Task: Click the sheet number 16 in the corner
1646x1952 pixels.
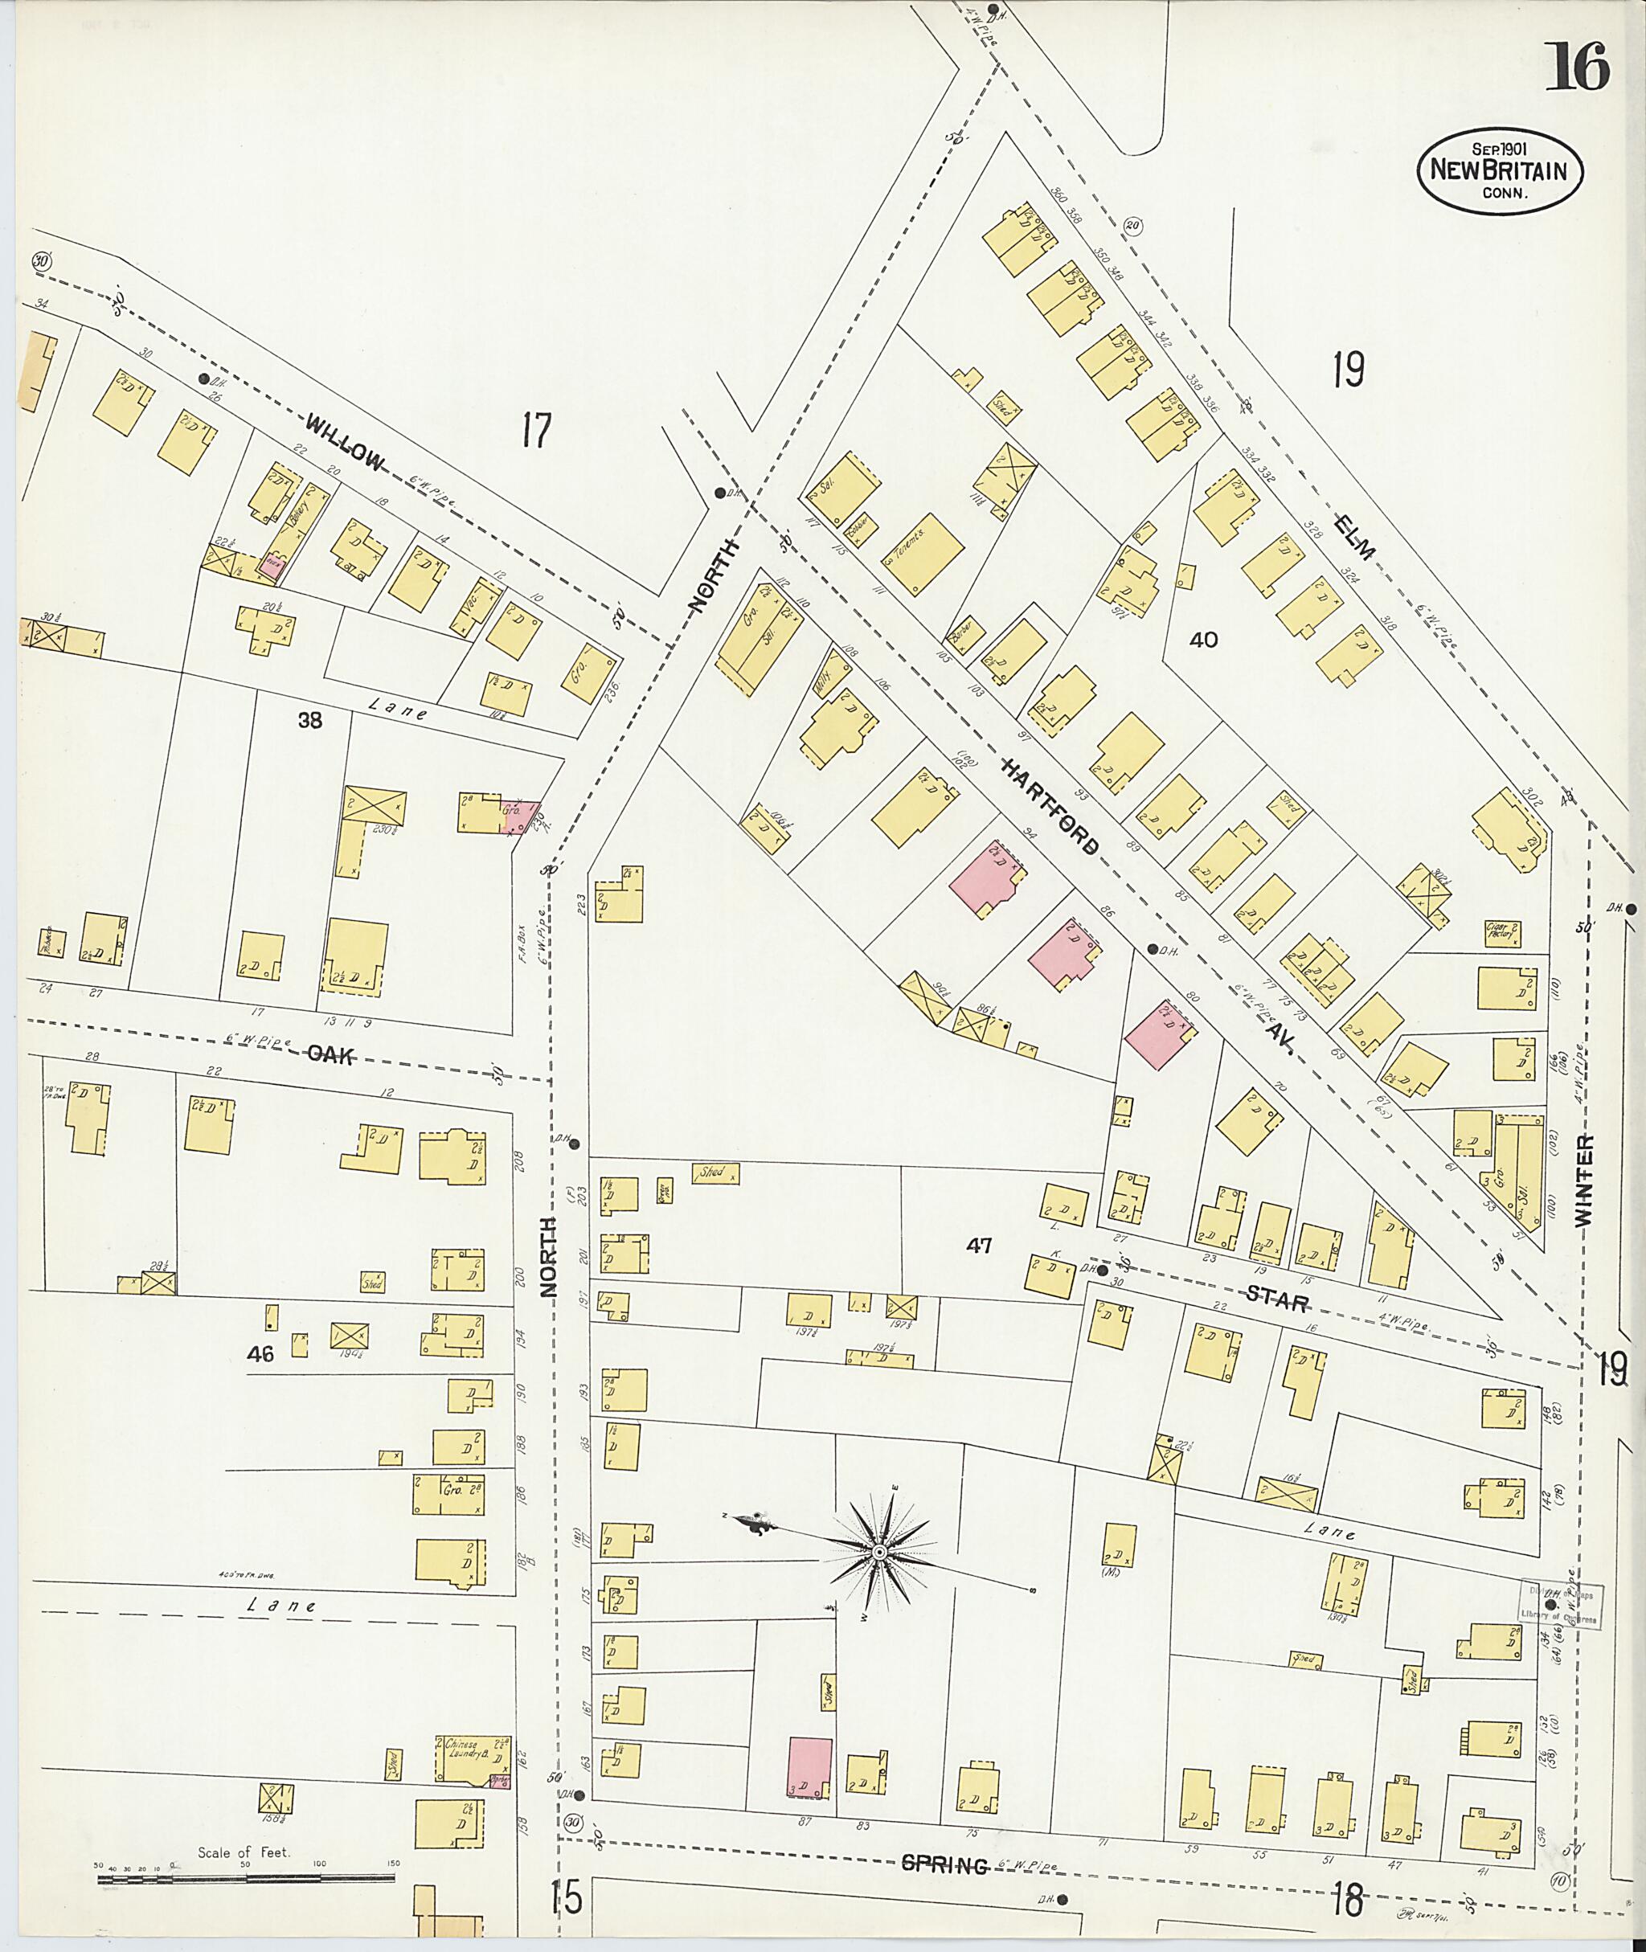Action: pyautogui.click(x=1576, y=68)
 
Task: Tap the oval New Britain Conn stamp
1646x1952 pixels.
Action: pyautogui.click(x=1501, y=172)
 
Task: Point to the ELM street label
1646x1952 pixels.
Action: pyautogui.click(x=1355, y=538)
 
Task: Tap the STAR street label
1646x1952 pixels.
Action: pyautogui.click(x=1275, y=1302)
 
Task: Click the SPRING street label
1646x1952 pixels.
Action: pyautogui.click(x=945, y=1865)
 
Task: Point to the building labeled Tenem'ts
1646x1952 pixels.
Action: pyautogui.click(x=922, y=554)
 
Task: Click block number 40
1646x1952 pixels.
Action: pyautogui.click(x=1204, y=639)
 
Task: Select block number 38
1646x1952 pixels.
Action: pyautogui.click(x=309, y=720)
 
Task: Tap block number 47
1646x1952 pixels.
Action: pyautogui.click(x=979, y=1245)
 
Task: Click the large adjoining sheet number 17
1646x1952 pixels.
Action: pyautogui.click(x=537, y=431)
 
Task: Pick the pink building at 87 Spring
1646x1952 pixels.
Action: pyautogui.click(x=810, y=1768)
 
